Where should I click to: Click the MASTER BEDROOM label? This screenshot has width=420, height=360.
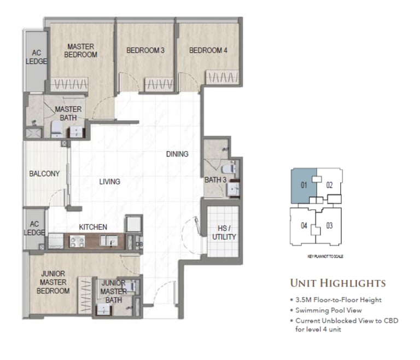tap(80, 51)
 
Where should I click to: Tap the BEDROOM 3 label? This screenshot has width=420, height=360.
tap(145, 50)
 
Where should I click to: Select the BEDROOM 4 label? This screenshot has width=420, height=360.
tap(208, 50)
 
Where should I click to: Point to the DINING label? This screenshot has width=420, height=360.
tap(177, 154)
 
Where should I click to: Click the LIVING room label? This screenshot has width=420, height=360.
tap(109, 182)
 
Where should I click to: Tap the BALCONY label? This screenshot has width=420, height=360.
tap(44, 173)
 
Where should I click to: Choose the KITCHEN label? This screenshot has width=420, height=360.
tap(93, 227)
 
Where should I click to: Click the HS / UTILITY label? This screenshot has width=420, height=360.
tap(224, 233)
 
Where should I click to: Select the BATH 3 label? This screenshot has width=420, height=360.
tap(215, 180)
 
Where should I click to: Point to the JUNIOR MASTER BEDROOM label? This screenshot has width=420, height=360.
tap(53, 282)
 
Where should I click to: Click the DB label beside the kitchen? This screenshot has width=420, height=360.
tap(139, 244)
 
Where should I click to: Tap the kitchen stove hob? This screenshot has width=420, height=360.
tap(78, 241)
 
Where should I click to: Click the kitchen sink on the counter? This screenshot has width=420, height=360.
tap(109, 241)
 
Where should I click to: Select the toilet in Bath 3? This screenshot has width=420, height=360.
tap(229, 169)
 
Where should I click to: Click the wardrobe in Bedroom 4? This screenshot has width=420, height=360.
tap(223, 78)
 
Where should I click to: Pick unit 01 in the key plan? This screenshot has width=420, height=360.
tap(304, 185)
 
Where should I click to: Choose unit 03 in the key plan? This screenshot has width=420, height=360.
tap(329, 226)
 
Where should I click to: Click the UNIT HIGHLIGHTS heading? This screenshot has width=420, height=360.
tap(338, 283)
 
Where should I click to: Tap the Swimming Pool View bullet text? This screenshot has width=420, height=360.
tap(329, 310)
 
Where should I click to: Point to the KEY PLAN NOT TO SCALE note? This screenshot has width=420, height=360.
tap(325, 257)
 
